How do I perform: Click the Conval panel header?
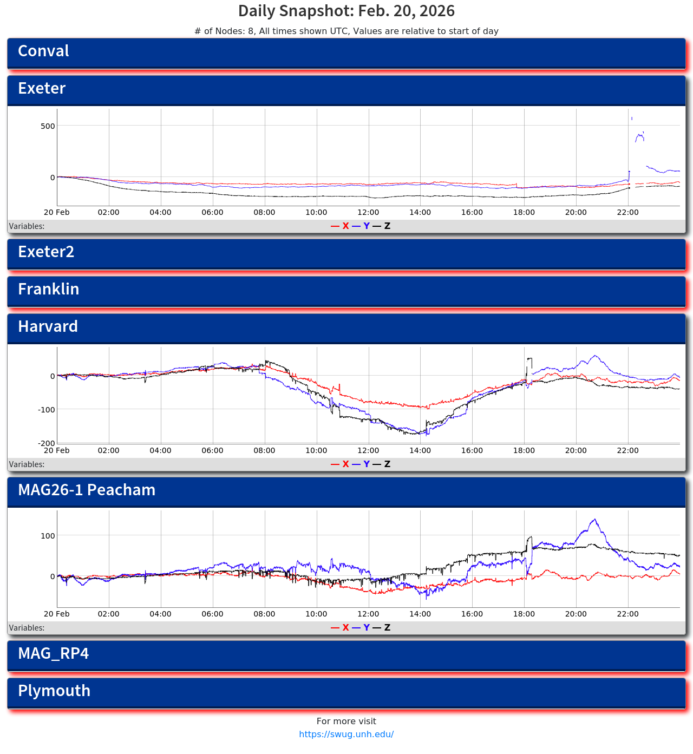346,53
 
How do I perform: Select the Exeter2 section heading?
346,253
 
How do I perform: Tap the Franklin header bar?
346,291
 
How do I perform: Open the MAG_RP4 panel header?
346,655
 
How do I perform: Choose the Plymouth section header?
346,692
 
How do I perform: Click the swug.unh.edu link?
346,735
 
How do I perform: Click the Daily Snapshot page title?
346,11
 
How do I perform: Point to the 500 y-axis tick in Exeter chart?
48,126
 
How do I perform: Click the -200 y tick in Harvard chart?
47,443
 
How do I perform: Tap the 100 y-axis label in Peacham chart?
48,536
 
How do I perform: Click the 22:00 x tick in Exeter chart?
627,213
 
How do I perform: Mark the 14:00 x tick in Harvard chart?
420,451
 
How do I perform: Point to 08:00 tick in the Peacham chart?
264,614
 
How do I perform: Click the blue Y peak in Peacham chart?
595,520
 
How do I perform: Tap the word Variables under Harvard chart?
27,464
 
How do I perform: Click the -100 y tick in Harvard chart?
47,410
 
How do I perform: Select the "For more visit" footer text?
346,722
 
